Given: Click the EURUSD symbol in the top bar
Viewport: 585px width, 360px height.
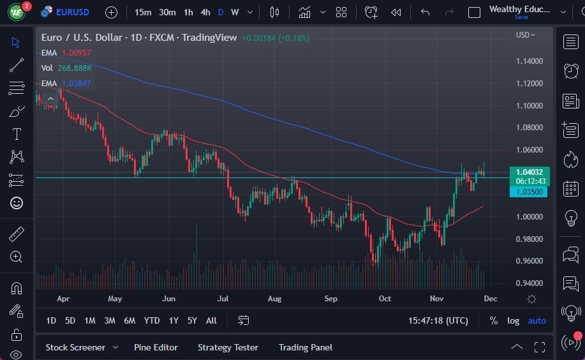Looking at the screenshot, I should coord(72,12).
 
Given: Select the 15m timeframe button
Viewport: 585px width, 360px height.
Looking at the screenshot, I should coord(143,12).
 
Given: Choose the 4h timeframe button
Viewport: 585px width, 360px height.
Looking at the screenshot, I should coord(205,12).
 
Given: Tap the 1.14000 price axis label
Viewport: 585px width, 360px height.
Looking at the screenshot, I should coord(529,61).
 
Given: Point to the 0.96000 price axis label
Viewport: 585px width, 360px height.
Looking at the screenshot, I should coord(529,261).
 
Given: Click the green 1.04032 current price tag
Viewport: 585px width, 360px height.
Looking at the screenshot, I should coord(529,172).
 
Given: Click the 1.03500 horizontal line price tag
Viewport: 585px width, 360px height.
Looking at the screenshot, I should coord(529,191).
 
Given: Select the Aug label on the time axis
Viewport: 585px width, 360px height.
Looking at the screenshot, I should coord(275,298).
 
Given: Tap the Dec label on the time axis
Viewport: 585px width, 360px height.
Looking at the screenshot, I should coord(490,298).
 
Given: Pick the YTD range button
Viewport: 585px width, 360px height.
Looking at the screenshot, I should coord(152,320).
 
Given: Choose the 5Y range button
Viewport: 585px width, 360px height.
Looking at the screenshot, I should coord(192,320).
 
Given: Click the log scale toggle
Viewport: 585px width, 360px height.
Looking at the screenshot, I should coord(513,320).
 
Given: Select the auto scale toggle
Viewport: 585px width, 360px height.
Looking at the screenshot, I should coord(537,320).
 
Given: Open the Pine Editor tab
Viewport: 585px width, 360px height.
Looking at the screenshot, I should coord(156,347).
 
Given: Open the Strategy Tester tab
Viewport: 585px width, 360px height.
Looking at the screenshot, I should coord(228,347).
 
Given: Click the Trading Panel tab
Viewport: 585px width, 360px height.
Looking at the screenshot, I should coord(305,347).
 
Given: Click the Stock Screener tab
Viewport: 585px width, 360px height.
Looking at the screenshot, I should coord(75,347).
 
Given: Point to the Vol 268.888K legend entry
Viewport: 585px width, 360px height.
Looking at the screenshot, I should coord(66,68).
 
